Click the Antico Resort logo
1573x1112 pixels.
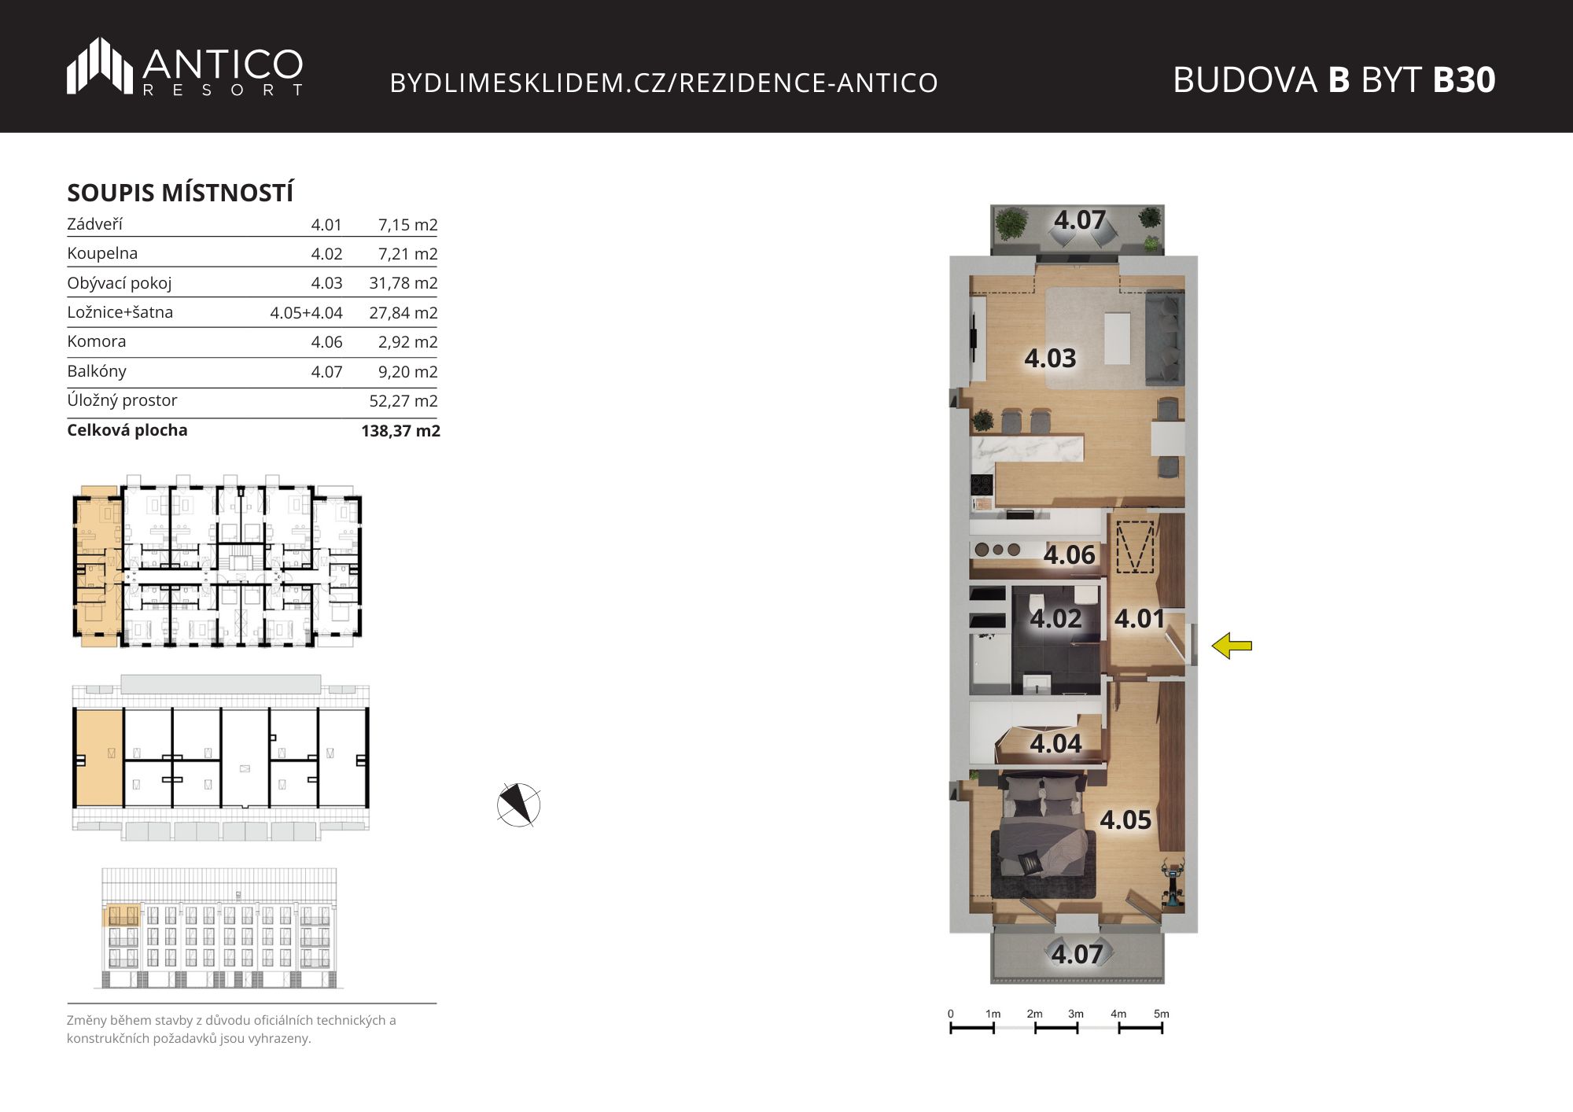(185, 67)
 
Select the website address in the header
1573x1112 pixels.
(664, 83)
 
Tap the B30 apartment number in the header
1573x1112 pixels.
(1464, 79)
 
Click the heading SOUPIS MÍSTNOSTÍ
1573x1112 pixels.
(180, 193)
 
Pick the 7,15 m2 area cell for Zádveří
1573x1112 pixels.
(407, 225)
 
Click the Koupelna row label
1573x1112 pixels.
(102, 253)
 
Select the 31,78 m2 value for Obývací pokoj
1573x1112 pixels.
(403, 283)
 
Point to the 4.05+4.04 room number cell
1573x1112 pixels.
(306, 313)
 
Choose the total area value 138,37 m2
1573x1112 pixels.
(400, 431)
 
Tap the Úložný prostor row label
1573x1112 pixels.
(122, 401)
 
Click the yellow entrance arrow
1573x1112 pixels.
(1232, 646)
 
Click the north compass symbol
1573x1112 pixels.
(518, 805)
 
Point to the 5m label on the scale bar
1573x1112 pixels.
(1161, 1014)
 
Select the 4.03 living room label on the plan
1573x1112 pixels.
(1050, 359)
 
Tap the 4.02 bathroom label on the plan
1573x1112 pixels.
(1055, 619)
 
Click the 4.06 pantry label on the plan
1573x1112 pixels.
(1069, 555)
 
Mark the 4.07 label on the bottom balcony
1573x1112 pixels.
(1077, 955)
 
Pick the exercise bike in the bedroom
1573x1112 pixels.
(1172, 885)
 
